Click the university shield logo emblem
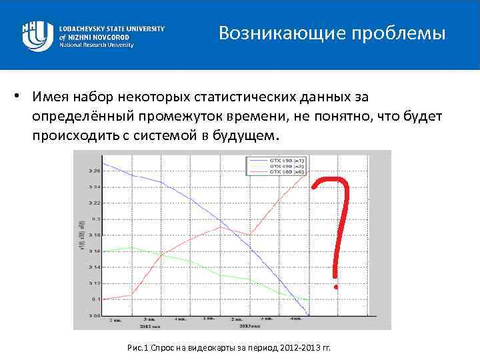(x=37, y=35)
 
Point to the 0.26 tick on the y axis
(x=95, y=171)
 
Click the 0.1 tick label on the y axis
(x=95, y=299)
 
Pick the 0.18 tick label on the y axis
(x=95, y=235)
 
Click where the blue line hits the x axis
(x=308, y=315)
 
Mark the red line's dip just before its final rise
(x=250, y=234)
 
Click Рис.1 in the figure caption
(x=140, y=349)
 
